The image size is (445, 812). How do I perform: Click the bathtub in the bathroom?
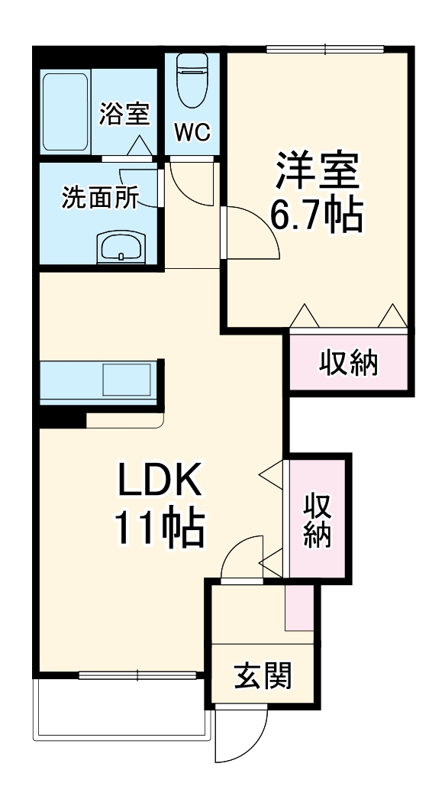click(x=66, y=112)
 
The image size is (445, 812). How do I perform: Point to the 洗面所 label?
click(x=99, y=198)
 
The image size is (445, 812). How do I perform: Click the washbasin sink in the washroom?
click(x=120, y=247)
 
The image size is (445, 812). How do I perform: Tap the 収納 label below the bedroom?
click(x=348, y=363)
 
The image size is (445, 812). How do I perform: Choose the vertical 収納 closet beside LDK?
click(x=316, y=519)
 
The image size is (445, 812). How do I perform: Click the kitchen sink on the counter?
click(x=127, y=380)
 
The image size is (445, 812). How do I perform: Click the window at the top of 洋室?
click(x=325, y=50)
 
